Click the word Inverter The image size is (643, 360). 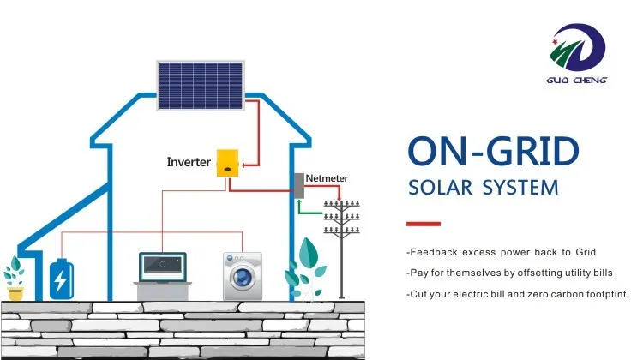(x=189, y=161)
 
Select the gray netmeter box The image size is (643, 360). (x=299, y=186)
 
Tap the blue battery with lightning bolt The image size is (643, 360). (x=61, y=278)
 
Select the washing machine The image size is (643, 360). (x=242, y=275)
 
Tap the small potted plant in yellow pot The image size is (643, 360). (x=15, y=279)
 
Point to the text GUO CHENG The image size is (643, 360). (x=579, y=81)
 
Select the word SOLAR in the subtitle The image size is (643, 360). (x=443, y=187)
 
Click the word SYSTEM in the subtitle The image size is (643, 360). (x=521, y=187)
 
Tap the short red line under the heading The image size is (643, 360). (x=423, y=224)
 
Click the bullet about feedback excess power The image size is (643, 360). (x=501, y=252)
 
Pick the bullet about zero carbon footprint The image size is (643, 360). (x=517, y=294)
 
